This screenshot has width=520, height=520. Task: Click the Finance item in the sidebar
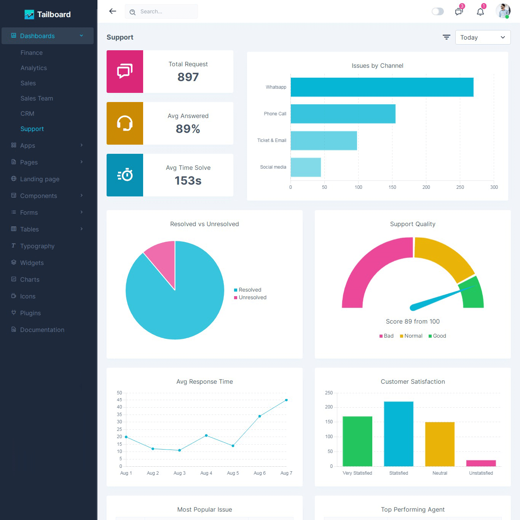click(32, 53)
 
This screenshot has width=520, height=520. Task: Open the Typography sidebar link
click(37, 246)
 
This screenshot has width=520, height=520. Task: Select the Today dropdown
click(483, 37)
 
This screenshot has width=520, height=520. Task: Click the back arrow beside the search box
click(113, 11)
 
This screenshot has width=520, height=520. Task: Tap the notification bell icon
click(480, 11)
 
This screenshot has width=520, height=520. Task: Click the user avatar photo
click(502, 11)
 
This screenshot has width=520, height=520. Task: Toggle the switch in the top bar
click(438, 11)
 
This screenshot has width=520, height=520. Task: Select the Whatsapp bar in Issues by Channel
click(382, 87)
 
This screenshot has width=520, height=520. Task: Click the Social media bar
click(306, 167)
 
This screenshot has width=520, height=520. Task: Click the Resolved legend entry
click(250, 290)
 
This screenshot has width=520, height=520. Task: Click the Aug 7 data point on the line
click(286, 400)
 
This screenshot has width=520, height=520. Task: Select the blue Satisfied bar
click(399, 434)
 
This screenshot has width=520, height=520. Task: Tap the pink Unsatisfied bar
click(481, 463)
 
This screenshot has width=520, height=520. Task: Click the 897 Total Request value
click(188, 77)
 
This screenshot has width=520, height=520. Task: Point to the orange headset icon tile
click(125, 123)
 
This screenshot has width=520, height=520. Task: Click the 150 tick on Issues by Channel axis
click(392, 187)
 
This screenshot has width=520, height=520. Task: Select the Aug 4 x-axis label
click(206, 473)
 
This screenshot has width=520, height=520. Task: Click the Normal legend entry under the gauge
click(413, 336)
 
